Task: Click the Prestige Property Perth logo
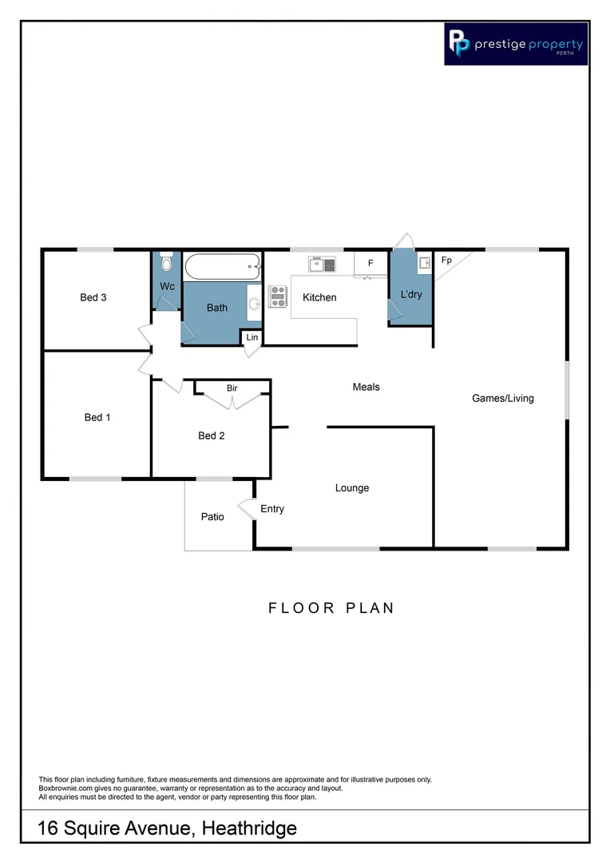(x=516, y=43)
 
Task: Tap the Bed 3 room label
(x=93, y=298)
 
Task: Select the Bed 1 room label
(x=97, y=417)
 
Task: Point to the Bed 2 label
(x=212, y=435)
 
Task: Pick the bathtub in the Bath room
(x=223, y=266)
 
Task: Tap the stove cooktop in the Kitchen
(x=278, y=296)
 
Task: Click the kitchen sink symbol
(x=323, y=264)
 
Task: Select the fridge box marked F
(x=370, y=263)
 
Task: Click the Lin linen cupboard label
(x=252, y=338)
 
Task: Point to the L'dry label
(x=411, y=295)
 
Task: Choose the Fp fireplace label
(x=446, y=260)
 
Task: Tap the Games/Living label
(x=503, y=398)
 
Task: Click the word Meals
(x=366, y=387)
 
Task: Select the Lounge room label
(x=352, y=488)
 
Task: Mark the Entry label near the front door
(x=272, y=509)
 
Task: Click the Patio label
(x=212, y=517)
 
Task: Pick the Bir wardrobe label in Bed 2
(x=232, y=388)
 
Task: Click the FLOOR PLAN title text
(x=331, y=608)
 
